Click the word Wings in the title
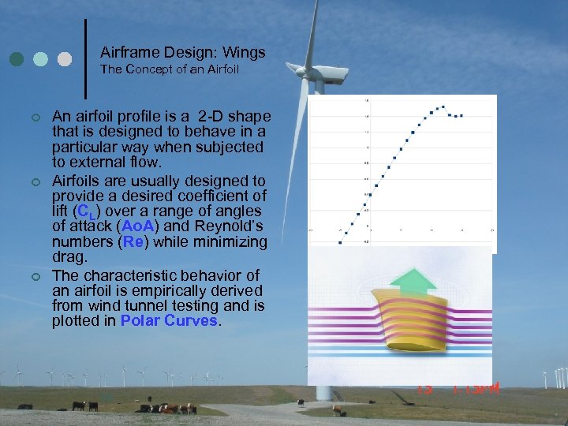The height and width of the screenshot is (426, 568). point(245,53)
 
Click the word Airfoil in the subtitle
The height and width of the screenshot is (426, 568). point(221,69)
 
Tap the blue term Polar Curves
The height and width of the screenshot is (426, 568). point(169,320)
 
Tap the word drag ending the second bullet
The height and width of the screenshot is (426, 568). point(68,256)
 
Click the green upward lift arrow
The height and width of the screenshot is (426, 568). point(413,279)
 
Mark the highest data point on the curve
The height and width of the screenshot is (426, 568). point(443,106)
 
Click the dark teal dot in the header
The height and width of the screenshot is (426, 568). point(17,59)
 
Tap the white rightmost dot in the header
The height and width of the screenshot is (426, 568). point(65,59)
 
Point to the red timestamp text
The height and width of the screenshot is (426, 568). point(458,387)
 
